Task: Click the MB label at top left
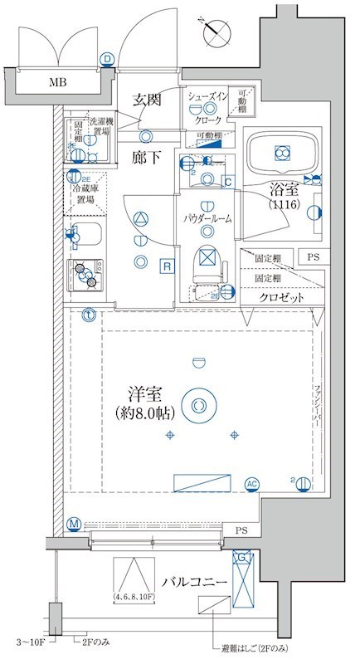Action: click(57, 81)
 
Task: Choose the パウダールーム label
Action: click(208, 218)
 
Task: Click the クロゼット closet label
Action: click(280, 296)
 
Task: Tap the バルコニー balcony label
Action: click(195, 582)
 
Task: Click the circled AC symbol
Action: click(251, 484)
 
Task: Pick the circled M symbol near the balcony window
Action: click(74, 524)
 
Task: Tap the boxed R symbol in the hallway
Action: click(167, 266)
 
